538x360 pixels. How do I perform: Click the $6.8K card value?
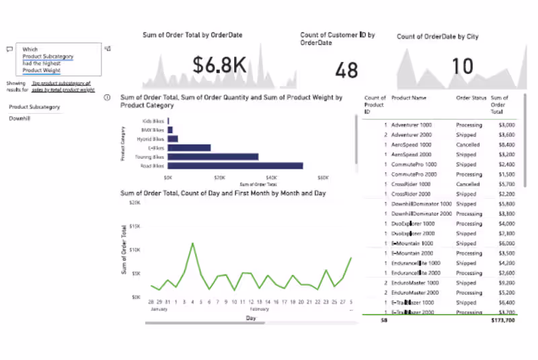point(219,65)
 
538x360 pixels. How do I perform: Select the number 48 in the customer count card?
point(346,70)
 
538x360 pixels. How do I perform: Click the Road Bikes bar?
point(235,166)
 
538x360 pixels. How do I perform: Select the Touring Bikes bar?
point(213,157)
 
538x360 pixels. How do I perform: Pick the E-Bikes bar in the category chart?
point(189,148)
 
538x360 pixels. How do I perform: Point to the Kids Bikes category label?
point(154,121)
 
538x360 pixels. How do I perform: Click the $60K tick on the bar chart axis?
point(323,178)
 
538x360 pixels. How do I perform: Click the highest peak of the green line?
point(193,244)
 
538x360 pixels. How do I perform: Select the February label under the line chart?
point(259,309)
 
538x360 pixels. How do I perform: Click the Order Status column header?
point(471,98)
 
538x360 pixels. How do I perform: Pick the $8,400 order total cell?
point(506,145)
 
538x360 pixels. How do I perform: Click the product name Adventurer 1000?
point(412,125)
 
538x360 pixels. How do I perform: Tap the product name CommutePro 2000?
point(414,174)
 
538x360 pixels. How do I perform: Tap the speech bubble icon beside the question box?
point(9,49)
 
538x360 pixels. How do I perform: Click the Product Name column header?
point(410,98)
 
